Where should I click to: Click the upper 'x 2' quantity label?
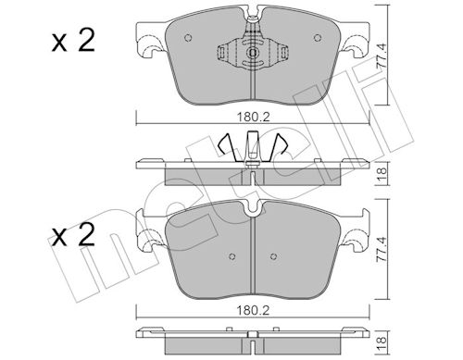(x=73, y=41)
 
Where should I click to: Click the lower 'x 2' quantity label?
(x=73, y=235)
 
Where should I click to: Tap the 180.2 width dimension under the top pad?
(x=253, y=117)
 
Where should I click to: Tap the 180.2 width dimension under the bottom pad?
(x=253, y=310)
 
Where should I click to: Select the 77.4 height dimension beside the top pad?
(x=382, y=56)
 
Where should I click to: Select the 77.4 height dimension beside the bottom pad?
(x=382, y=249)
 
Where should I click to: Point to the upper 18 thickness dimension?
(x=382, y=175)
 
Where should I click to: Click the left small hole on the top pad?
(x=188, y=38)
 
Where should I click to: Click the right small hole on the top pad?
(x=318, y=38)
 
